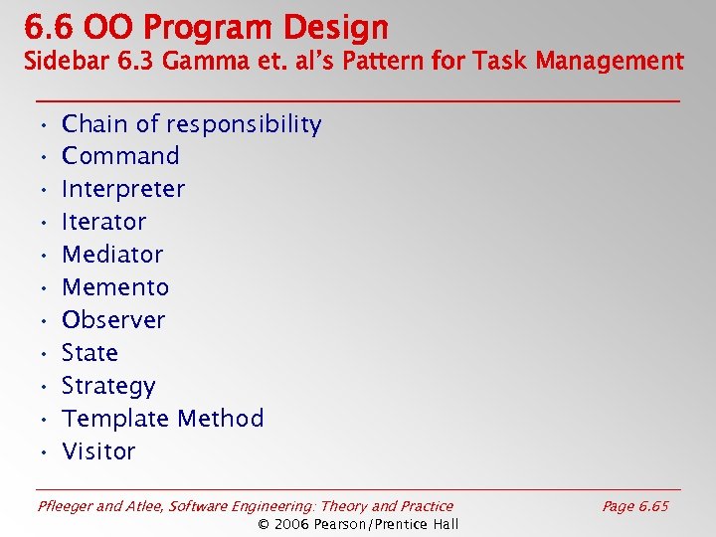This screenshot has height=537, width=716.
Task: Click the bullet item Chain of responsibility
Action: (191, 124)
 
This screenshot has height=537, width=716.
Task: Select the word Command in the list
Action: (120, 156)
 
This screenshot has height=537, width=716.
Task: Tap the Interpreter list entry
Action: (123, 189)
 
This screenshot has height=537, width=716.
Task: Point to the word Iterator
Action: (103, 222)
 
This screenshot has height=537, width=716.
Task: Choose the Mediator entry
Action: (112, 255)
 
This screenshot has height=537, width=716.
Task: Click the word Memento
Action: (115, 287)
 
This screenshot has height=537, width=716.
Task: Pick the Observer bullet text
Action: (113, 320)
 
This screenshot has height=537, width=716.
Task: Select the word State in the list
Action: (89, 353)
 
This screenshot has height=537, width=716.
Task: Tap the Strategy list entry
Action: (108, 386)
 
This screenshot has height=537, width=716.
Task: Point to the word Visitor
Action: (98, 451)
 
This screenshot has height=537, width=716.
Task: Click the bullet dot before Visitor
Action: (44, 452)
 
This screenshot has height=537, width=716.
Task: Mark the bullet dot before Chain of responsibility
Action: (44, 125)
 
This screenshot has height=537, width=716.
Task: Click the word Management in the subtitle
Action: (610, 62)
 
